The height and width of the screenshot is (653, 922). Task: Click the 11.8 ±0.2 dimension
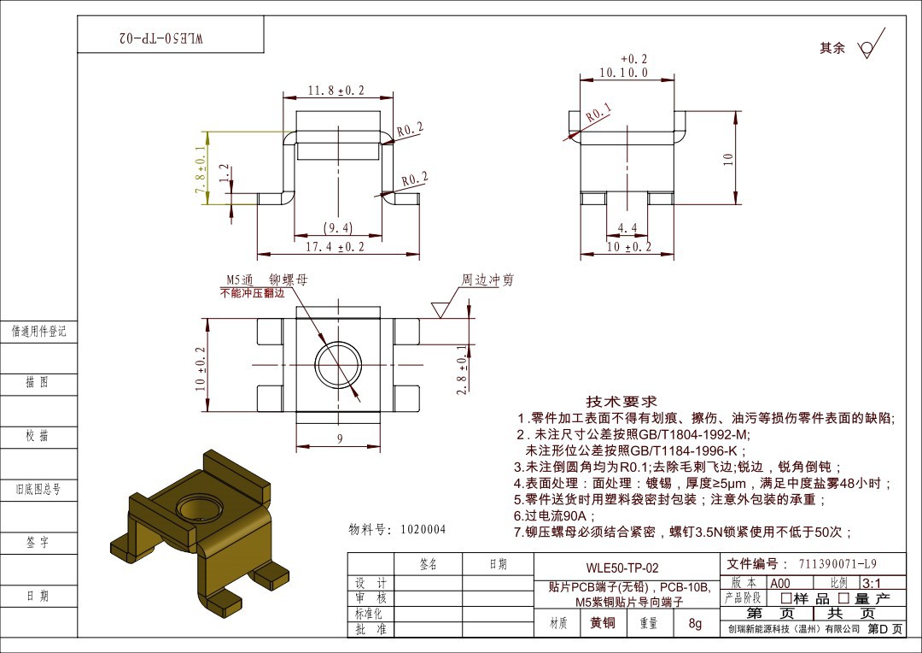[336, 91]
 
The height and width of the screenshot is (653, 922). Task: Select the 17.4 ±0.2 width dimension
[335, 247]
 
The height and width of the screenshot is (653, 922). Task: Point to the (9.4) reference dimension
[338, 227]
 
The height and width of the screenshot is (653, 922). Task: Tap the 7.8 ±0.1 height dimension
[200, 169]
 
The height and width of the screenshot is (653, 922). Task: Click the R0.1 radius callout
[598, 113]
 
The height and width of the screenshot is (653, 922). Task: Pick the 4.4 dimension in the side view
[627, 228]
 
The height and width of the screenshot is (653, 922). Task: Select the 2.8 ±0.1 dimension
[462, 369]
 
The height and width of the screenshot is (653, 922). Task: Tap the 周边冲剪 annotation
[487, 280]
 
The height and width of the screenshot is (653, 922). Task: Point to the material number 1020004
[423, 530]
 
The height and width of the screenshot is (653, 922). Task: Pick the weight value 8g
[695, 624]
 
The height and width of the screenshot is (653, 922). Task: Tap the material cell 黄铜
[603, 623]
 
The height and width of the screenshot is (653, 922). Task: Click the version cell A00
[780, 583]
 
